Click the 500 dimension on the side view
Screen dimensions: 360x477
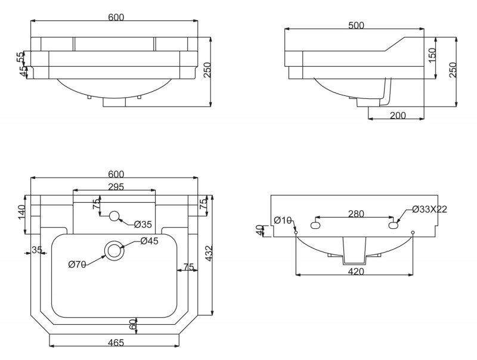tap(357, 25)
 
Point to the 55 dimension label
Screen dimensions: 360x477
tap(20, 58)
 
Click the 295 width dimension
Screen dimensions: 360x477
tap(116, 187)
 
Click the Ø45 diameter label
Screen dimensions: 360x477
tap(149, 241)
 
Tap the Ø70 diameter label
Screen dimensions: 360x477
tap(78, 265)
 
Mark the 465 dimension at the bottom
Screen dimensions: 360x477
tap(116, 342)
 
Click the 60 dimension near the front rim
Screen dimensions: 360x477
tap(134, 325)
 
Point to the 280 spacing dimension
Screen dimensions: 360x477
tap(356, 213)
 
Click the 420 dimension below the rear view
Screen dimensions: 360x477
tap(356, 271)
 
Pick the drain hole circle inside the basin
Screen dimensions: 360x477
tap(114, 250)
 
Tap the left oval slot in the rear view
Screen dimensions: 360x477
tap(317, 226)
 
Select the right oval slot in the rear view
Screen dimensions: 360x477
tap(394, 226)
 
